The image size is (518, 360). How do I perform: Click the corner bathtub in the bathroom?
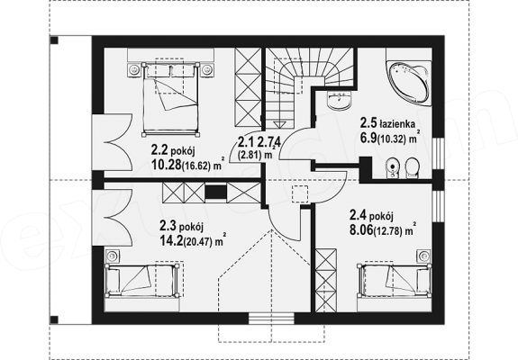click(x=409, y=83)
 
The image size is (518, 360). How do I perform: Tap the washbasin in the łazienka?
click(x=340, y=100)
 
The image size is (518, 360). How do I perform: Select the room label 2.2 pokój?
click(x=173, y=151)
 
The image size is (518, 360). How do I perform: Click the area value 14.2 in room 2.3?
click(x=171, y=240)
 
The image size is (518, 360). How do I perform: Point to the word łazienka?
click(x=397, y=124)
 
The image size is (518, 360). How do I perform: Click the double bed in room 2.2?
click(x=170, y=99)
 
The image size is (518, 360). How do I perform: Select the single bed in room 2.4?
click(x=394, y=278)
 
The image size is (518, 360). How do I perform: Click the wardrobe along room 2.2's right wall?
click(x=248, y=86)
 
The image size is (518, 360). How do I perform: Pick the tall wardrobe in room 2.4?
click(x=326, y=280)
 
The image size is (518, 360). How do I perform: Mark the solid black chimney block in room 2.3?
click(x=215, y=192)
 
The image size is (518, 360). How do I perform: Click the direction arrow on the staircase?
click(x=280, y=123)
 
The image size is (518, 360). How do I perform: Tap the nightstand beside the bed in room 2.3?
click(x=113, y=256)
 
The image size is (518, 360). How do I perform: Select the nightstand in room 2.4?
click(x=423, y=256)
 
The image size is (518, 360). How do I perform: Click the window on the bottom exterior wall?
click(x=271, y=319)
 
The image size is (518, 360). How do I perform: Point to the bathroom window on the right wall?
click(x=438, y=153)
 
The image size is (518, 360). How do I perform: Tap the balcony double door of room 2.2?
click(x=114, y=143)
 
